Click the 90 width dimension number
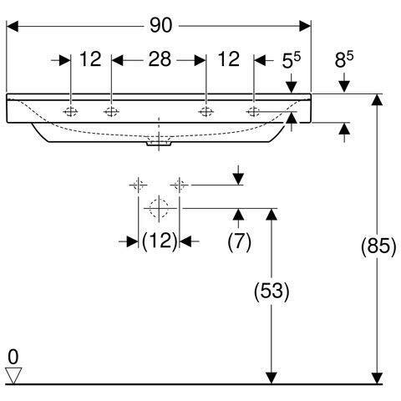pos(161,25)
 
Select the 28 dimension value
pos(160,59)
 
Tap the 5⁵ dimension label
pos(292,60)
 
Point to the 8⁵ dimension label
pos(344,59)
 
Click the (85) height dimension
pos(378,246)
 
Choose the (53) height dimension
pos(272,292)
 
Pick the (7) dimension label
pos(239,241)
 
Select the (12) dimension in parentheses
pos(160,241)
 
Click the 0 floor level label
pos(13,357)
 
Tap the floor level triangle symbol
pos(13,375)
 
